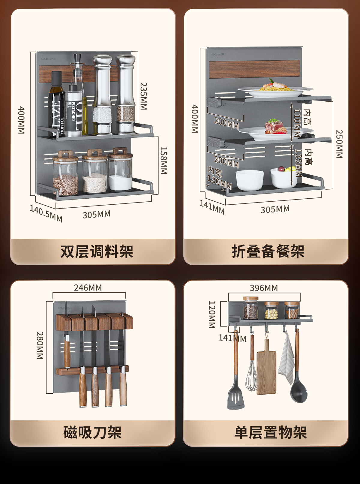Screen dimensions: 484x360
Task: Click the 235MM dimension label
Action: click(144, 96)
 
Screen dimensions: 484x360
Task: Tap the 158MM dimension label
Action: click(163, 160)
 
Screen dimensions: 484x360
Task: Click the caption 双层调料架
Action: click(97, 251)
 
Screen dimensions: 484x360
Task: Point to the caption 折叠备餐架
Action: click(268, 251)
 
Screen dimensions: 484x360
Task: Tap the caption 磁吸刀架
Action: click(92, 432)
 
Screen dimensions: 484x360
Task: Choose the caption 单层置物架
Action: click(270, 432)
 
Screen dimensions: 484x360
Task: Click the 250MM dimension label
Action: click(339, 144)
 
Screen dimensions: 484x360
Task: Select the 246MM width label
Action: click(88, 287)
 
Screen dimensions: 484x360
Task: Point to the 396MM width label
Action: click(264, 288)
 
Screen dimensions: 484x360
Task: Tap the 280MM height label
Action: click(40, 345)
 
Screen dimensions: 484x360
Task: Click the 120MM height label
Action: click(212, 314)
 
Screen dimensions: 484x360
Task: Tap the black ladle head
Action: click(299, 391)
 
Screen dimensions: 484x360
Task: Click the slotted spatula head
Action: click(236, 398)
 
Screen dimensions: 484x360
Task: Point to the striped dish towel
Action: click(286, 360)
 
